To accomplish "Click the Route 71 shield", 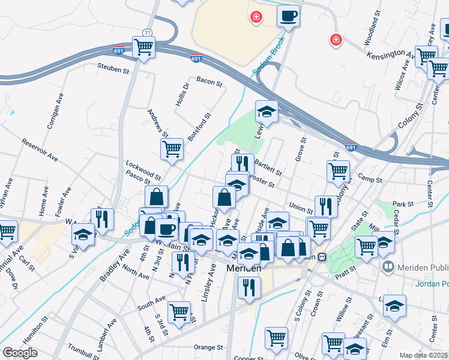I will (x=147, y=32).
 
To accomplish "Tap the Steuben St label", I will (x=114, y=70).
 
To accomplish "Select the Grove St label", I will (x=301, y=150).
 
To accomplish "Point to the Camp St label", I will (x=370, y=179).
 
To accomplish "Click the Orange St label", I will (x=208, y=347).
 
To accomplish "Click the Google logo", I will (x=20, y=353).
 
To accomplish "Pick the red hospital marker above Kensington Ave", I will (x=336, y=40).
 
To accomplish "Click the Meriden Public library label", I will (x=417, y=266).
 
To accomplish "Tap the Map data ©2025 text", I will (x=423, y=355).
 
